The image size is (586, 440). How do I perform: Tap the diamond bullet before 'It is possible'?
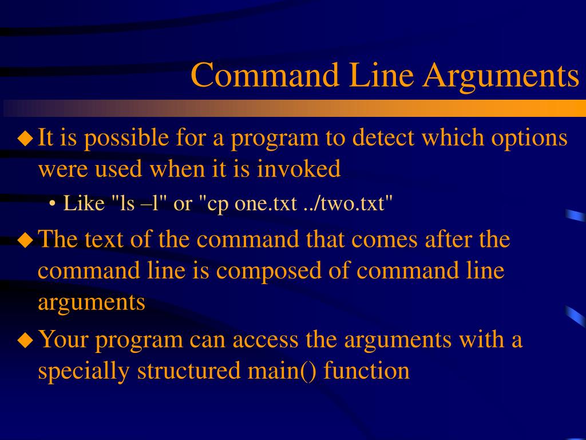tap(25, 138)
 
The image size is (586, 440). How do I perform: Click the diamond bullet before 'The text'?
tap(25, 239)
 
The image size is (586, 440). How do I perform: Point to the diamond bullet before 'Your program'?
tap(25, 340)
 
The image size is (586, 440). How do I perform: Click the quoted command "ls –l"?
tap(139, 203)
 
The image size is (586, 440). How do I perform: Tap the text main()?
tap(282, 371)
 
